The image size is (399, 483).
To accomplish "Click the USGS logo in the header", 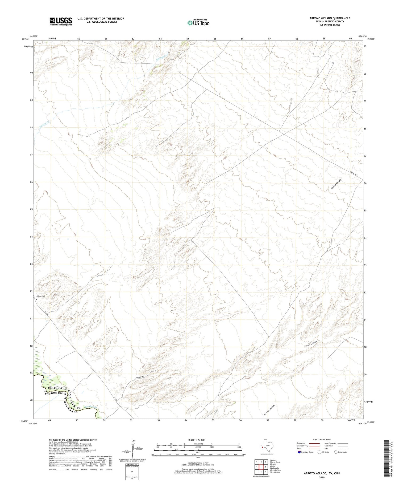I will (61, 21).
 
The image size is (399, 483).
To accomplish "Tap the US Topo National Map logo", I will (198, 23).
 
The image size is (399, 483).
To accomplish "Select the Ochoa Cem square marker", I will (37, 299).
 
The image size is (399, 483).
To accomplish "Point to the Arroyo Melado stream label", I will (336, 184).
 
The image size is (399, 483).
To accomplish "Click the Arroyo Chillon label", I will (311, 344).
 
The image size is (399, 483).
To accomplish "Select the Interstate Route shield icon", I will (300, 452).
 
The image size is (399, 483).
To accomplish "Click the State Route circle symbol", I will (336, 452).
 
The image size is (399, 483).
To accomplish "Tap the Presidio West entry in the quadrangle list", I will (275, 470).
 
